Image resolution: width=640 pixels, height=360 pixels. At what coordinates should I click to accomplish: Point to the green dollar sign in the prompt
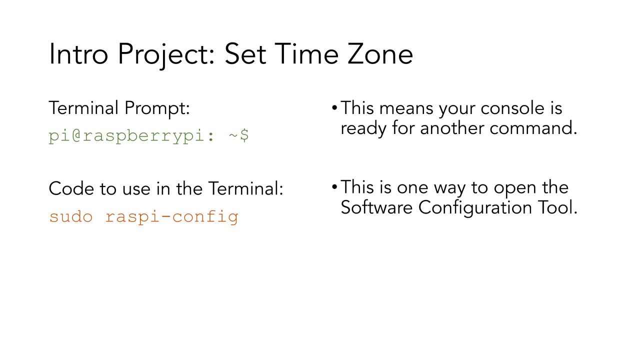point(244,135)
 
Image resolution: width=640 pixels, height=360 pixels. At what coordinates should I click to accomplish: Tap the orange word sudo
point(71,216)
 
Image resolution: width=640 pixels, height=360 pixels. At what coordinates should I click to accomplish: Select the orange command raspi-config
point(172,217)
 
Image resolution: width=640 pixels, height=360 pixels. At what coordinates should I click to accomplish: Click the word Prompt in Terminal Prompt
point(157,109)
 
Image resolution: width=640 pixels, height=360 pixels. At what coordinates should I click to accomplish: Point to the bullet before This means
point(334,108)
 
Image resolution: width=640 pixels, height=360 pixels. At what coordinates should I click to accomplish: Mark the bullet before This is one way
point(334,187)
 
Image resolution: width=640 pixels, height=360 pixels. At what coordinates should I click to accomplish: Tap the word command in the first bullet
point(533,128)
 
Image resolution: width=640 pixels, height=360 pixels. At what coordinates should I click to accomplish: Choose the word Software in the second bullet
point(376,207)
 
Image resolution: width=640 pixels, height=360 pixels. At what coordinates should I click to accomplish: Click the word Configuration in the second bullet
point(475,209)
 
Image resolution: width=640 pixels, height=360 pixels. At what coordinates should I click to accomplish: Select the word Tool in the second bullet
point(557,207)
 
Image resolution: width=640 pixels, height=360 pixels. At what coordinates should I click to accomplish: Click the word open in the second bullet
point(515,189)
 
